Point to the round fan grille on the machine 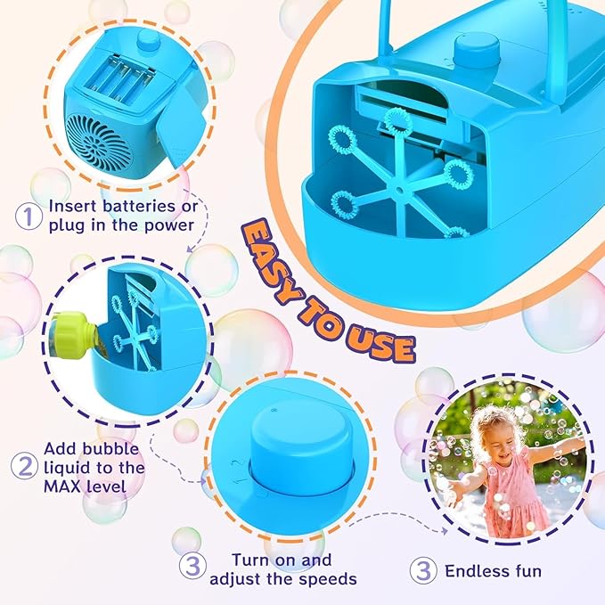pyautogui.click(x=99, y=142)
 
